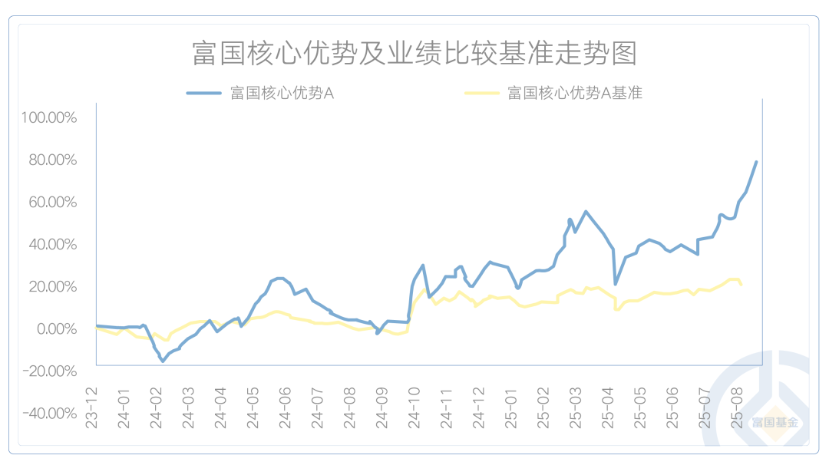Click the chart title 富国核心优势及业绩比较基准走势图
tap(414, 54)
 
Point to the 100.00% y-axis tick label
tap(50, 117)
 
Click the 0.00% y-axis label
tap(55, 328)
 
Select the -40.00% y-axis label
tap(50, 413)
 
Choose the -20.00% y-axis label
tap(50, 371)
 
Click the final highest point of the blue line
tap(756, 162)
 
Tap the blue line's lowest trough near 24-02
tap(163, 361)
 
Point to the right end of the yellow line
tap(741, 285)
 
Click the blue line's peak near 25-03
tap(586, 212)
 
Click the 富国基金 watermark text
tap(775, 423)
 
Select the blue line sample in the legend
tap(204, 94)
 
